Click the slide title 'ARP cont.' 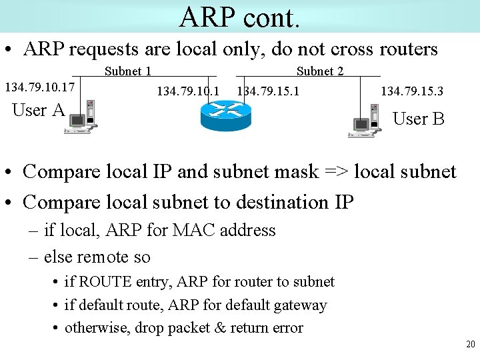(239, 17)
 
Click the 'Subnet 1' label (128, 71)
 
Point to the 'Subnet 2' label (320, 71)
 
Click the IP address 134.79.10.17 (39, 87)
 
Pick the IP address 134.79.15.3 (412, 91)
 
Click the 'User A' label (39, 110)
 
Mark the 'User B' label (419, 119)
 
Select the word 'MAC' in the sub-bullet (191, 230)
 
